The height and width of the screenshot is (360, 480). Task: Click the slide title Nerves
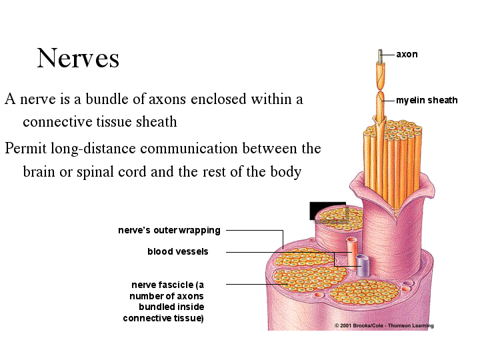pos(78,58)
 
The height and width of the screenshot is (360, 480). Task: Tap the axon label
pos(407,55)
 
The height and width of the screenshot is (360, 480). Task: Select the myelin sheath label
pos(427,100)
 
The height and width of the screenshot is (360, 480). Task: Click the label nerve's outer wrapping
pos(169,230)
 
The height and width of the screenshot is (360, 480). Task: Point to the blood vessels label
pos(178,251)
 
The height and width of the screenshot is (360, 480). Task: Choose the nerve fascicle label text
pos(163,301)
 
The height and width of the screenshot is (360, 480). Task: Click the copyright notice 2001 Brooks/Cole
pos(384,326)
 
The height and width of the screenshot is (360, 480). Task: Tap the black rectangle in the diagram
pos(328,211)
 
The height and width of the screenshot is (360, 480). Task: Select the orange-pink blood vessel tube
pos(351,252)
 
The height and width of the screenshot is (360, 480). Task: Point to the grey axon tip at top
pos(380,56)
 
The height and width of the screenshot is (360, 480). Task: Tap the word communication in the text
pos(189,149)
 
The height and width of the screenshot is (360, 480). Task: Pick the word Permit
pos(25,149)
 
